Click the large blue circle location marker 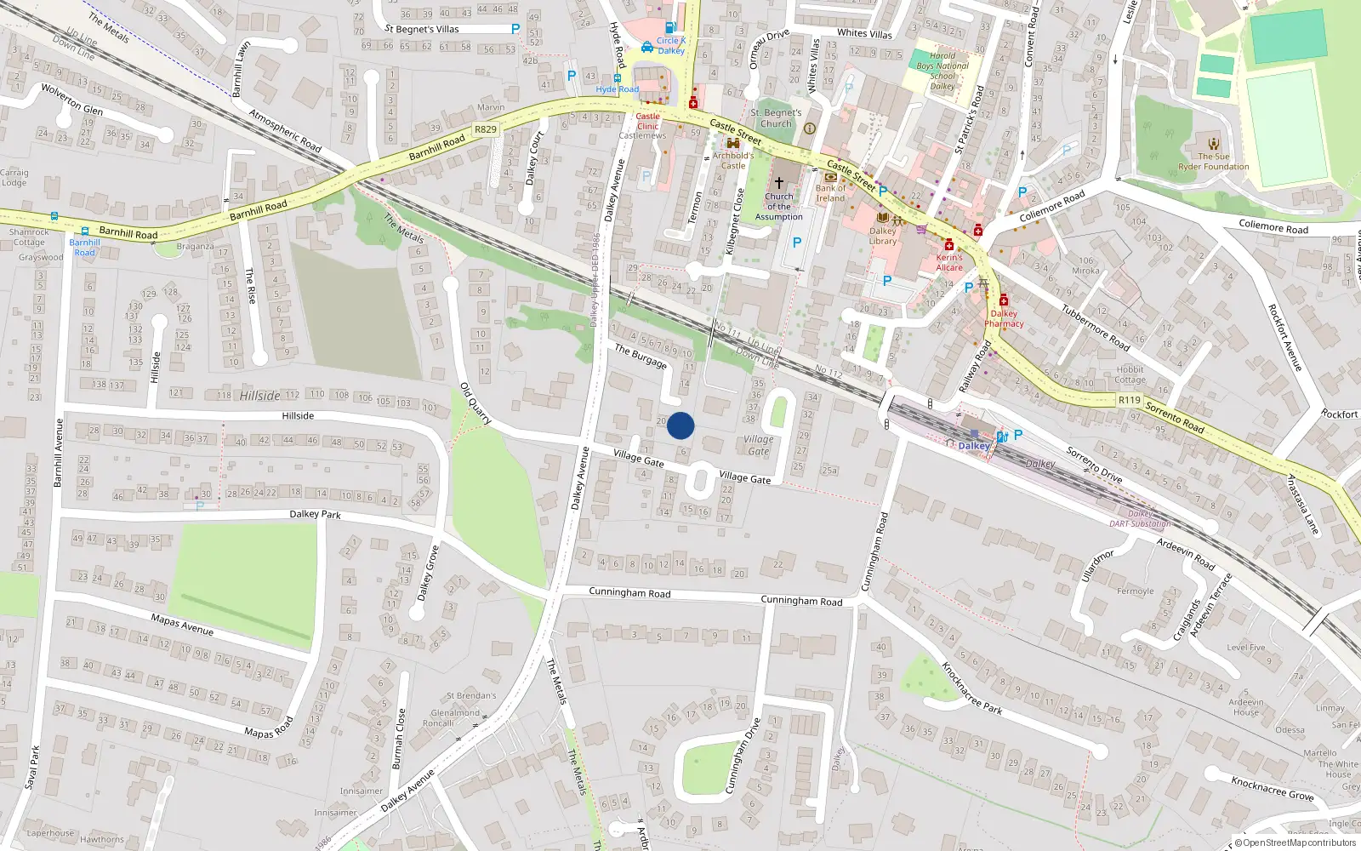680,425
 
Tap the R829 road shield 486,129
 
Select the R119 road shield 1129,400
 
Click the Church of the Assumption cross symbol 778,182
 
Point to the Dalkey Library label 883,236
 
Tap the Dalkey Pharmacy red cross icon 1004,300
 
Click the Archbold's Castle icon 732,144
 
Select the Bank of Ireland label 830,193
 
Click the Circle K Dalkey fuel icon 670,28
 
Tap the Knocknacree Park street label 971,688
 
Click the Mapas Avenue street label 182,624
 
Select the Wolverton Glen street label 72,99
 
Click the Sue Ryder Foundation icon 1214,144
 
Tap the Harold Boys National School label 942,71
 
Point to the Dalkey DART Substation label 1140,518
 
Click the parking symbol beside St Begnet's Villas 515,29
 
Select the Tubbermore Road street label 1095,328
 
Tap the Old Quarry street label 475,403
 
